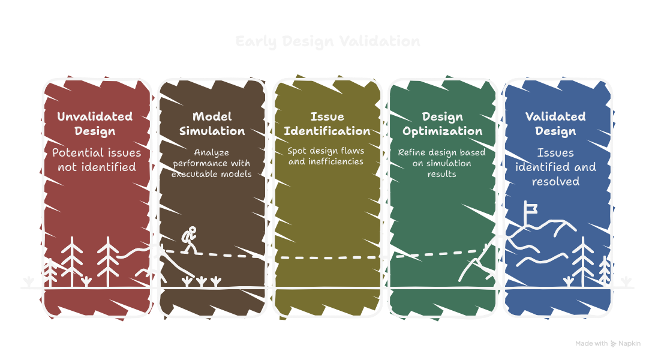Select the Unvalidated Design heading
(x=95, y=124)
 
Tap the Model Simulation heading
(x=212, y=124)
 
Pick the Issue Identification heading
(x=327, y=124)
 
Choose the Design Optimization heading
(x=442, y=124)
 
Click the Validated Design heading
(x=555, y=124)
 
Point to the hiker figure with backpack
(x=190, y=239)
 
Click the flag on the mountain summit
(x=531, y=208)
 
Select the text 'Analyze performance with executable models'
(x=211, y=163)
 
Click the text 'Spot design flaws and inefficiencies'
(x=326, y=156)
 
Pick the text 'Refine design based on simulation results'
(x=442, y=163)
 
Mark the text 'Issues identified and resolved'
(x=555, y=167)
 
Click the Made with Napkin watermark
(x=608, y=344)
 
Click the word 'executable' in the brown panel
(x=193, y=175)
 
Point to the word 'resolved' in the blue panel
(x=555, y=181)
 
